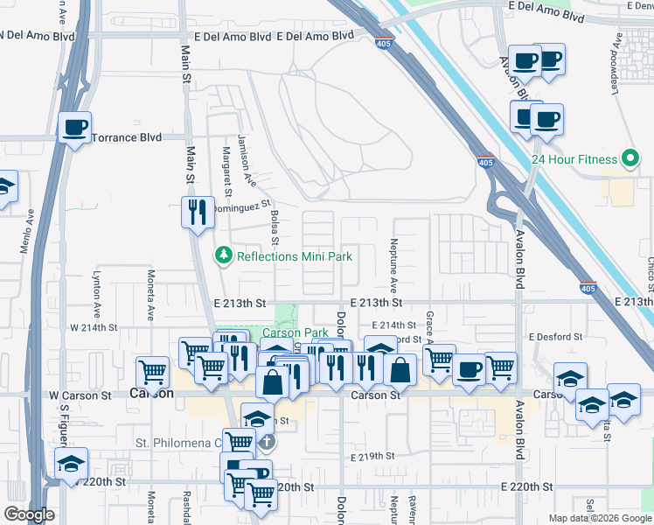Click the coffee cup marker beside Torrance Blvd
coord(74,128)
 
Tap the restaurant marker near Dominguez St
coord(197,211)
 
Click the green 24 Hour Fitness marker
coord(630,159)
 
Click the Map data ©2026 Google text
coord(599,518)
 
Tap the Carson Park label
coord(296,333)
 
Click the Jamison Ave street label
coord(247,162)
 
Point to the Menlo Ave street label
coord(26,229)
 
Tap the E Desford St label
coord(555,336)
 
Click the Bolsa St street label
coord(275,227)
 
